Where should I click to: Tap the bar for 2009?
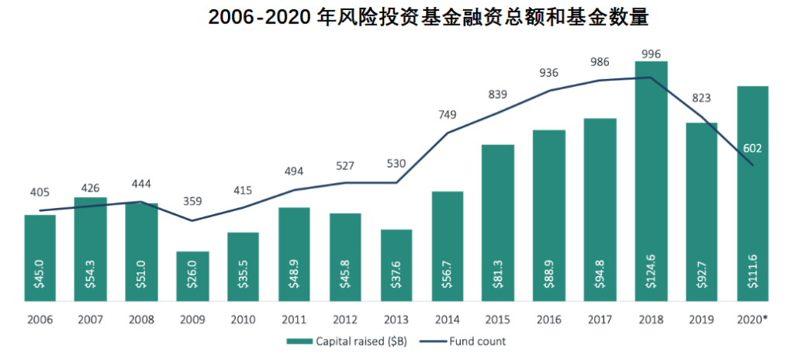tap(192, 276)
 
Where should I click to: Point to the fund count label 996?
tap(652, 54)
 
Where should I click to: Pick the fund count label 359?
tap(192, 201)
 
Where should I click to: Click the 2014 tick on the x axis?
tap(448, 318)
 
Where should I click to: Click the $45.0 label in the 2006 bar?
tap(40, 272)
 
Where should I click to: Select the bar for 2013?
tap(396, 265)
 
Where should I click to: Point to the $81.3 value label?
tap(499, 272)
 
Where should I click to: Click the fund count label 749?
tap(448, 115)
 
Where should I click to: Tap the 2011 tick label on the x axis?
tap(295, 318)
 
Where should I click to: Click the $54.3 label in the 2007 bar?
tap(91, 272)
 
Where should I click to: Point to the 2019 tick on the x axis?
tap(702, 318)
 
